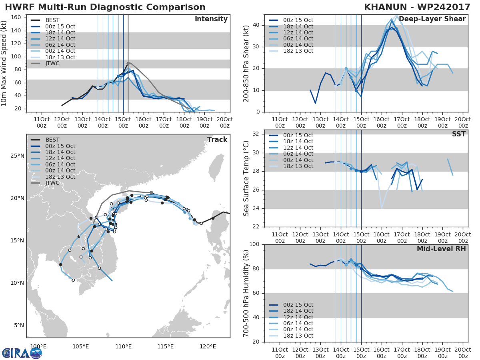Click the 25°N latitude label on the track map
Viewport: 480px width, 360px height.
coord(17,156)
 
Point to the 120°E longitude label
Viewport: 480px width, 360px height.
coord(208,346)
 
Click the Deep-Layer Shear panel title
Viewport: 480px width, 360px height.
coord(432,19)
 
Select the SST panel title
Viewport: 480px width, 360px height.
coord(458,134)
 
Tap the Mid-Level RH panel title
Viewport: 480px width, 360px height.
coord(441,249)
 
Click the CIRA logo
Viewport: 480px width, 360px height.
coord(22,353)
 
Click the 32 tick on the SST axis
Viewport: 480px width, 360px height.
coord(256,134)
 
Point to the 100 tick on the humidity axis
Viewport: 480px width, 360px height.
coord(254,244)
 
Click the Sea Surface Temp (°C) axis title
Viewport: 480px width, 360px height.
coord(246,178)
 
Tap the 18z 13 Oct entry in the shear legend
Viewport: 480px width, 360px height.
coord(298,51)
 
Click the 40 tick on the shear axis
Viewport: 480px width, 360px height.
coord(256,25)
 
